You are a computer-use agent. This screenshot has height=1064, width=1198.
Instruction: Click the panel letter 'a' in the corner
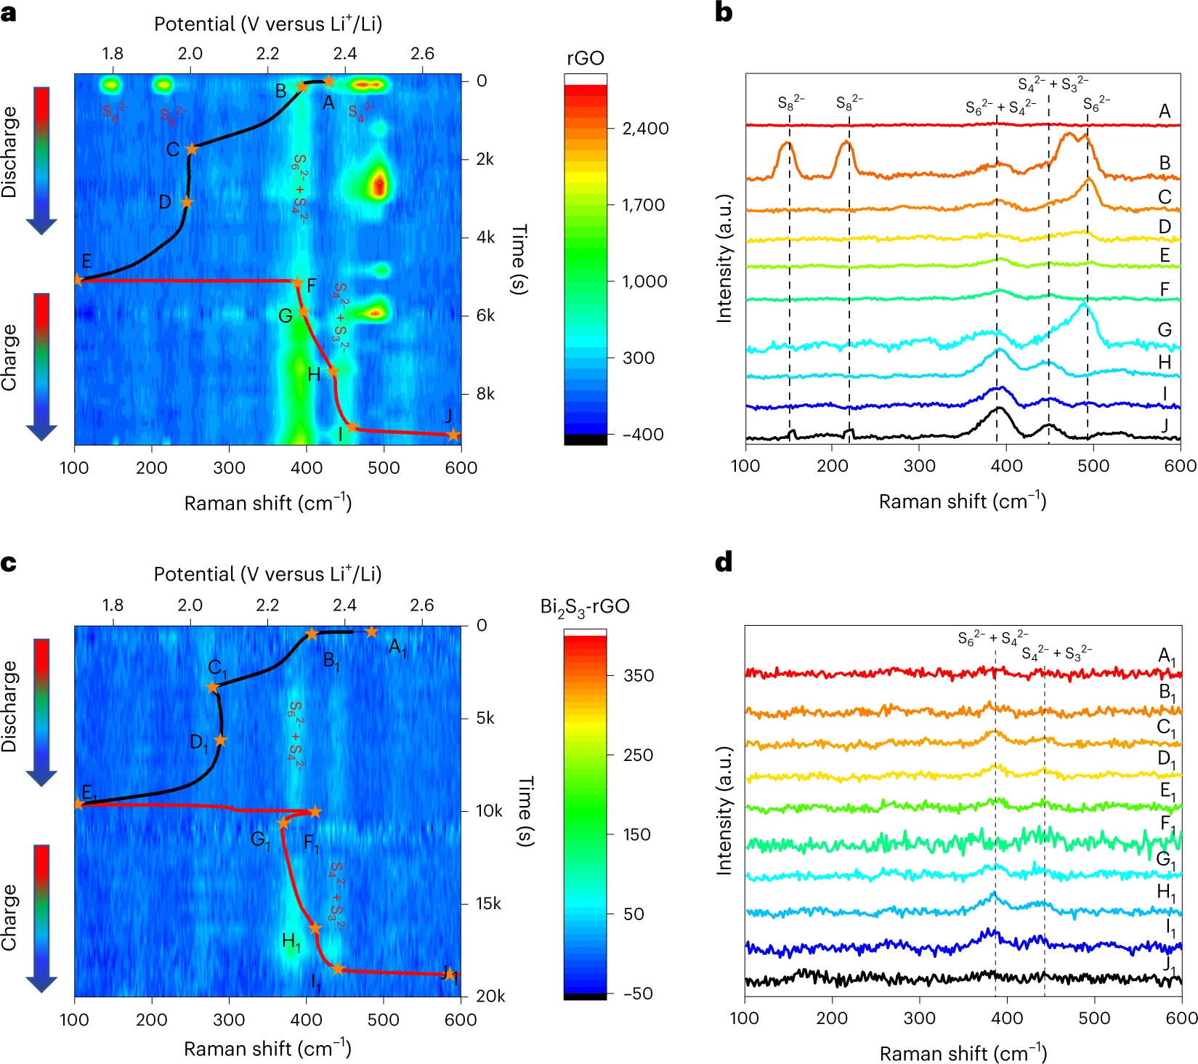9,13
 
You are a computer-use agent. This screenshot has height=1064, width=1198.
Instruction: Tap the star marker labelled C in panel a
191,149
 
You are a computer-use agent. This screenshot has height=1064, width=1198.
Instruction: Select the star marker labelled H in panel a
333,371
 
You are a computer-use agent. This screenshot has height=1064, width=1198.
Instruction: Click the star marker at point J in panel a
453,435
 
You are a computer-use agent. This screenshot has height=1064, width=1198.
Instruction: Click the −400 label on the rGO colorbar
643,435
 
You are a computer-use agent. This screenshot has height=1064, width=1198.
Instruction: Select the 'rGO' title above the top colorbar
585,58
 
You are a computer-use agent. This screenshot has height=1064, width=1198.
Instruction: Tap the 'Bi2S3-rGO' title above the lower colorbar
585,607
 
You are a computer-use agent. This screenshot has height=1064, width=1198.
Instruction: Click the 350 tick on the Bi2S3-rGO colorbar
639,675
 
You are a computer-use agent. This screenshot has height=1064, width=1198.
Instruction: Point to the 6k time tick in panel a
486,315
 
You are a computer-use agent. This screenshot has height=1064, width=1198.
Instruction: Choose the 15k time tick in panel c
488,903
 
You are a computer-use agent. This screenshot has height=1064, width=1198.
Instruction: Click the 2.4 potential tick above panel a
345,54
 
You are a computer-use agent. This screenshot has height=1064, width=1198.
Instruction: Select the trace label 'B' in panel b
1165,163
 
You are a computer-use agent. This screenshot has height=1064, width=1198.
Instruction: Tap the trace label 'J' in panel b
1165,425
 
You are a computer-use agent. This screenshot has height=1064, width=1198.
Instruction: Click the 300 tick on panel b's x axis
919,467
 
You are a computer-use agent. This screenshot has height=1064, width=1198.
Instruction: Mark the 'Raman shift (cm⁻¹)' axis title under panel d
963,1053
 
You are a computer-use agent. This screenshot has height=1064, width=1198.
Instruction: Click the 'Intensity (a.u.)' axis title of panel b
724,259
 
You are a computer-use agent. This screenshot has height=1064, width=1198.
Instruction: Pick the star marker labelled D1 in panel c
220,741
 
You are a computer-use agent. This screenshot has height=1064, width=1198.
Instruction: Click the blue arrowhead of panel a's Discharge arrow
41,226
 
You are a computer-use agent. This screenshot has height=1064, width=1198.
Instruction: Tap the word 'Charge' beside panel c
9,917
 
